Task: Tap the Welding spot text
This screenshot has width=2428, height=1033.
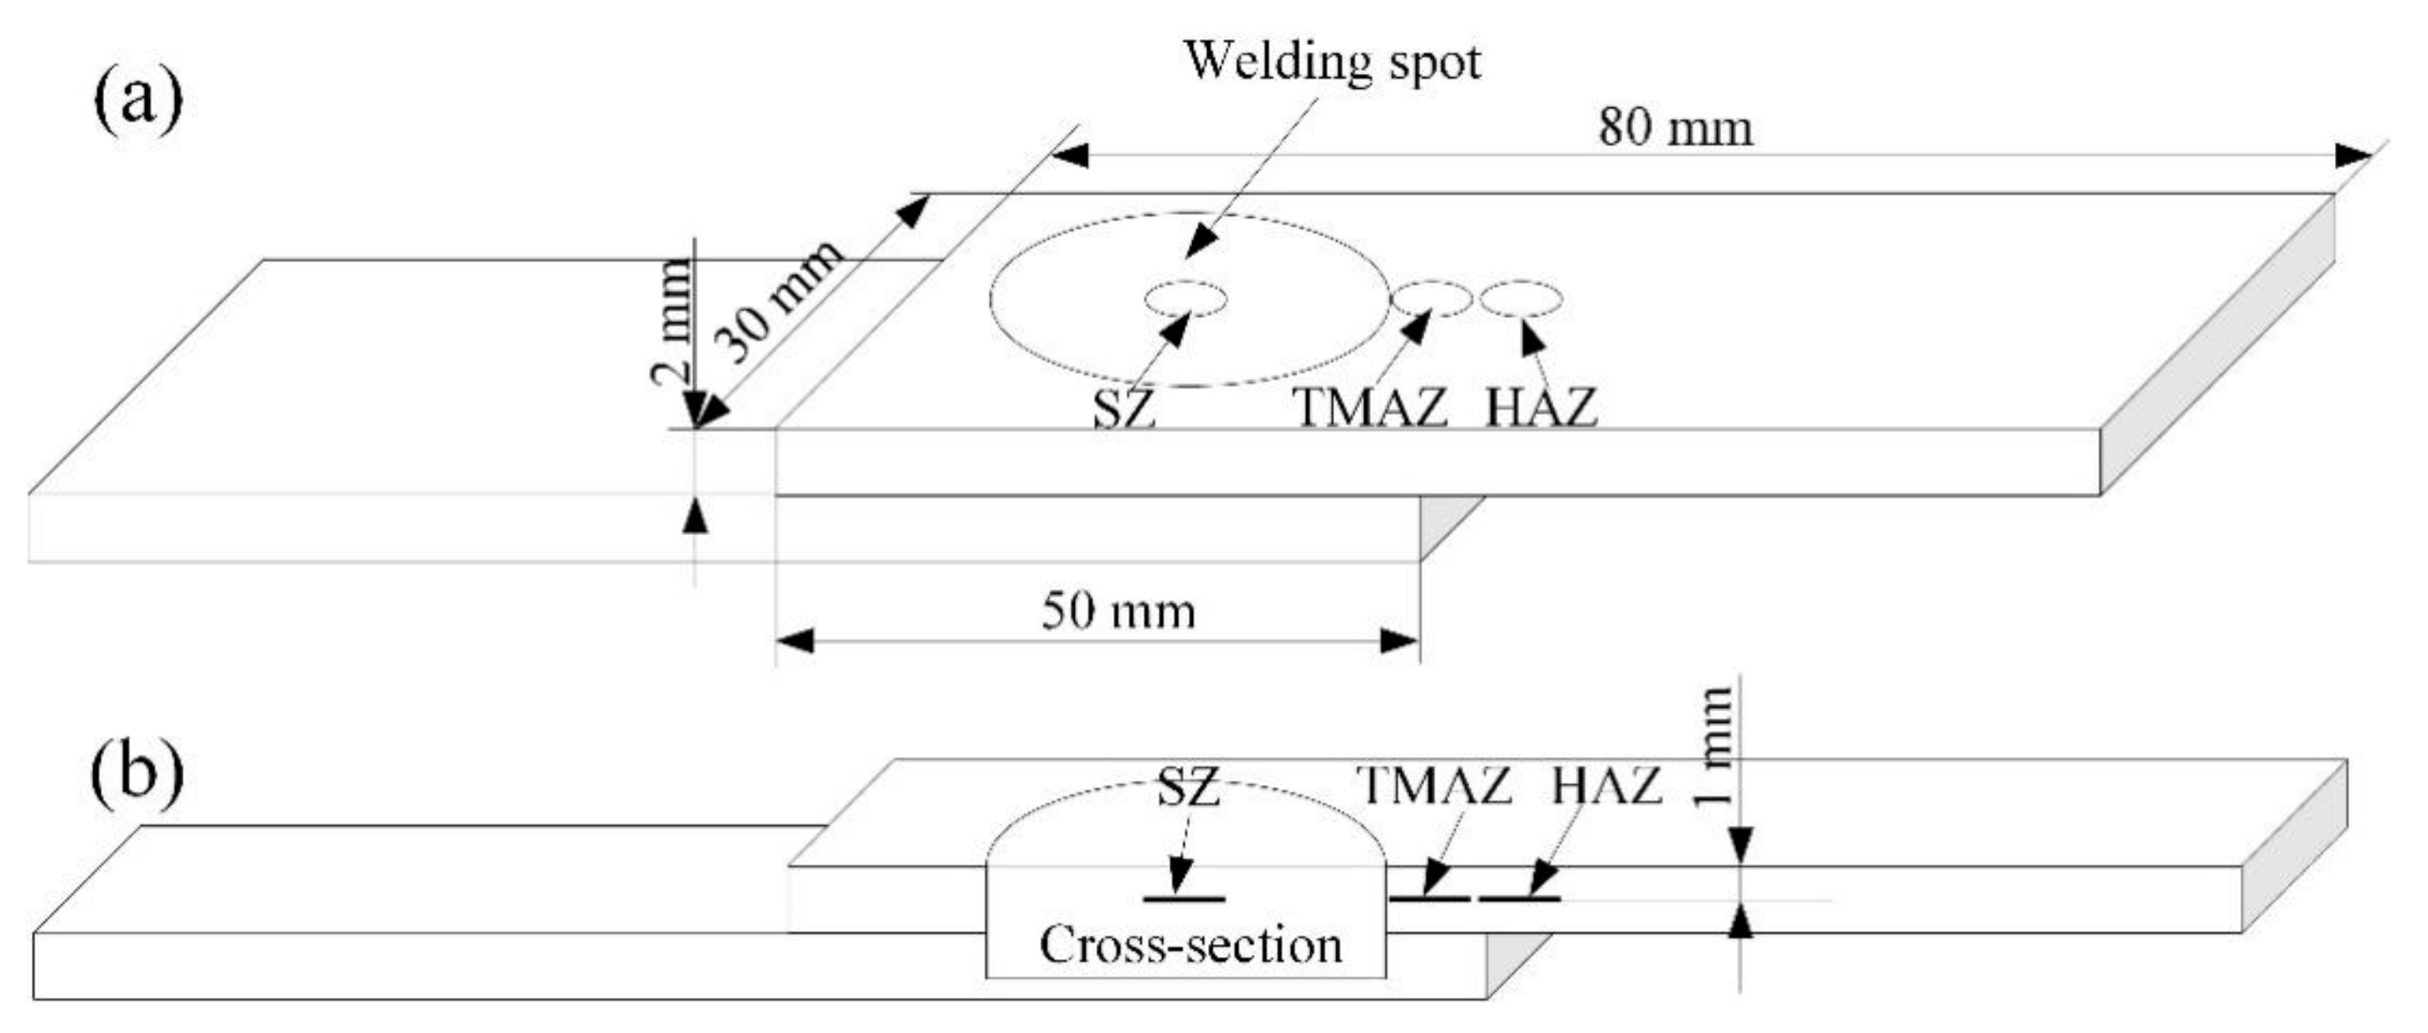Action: [x=1332, y=62]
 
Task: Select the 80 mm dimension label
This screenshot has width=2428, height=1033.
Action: [x=1675, y=127]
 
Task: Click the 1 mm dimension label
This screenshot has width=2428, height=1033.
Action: [x=1713, y=745]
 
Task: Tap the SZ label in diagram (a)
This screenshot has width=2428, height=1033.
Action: [x=1123, y=409]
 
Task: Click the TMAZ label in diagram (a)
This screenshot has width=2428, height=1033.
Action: [x=1371, y=408]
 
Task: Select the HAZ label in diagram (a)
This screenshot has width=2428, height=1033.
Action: [x=1541, y=408]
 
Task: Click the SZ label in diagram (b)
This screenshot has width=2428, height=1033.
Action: [x=1188, y=787]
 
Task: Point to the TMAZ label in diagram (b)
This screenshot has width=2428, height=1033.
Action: [x=1434, y=785]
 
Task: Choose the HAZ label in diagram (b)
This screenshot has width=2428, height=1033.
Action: [x=1606, y=785]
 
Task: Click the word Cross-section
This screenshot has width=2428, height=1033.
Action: [x=1191, y=944]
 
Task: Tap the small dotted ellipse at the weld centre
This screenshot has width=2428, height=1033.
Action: [x=1185, y=298]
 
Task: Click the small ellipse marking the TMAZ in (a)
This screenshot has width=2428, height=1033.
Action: [x=1431, y=298]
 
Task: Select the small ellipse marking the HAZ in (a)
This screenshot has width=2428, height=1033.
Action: [x=1520, y=298]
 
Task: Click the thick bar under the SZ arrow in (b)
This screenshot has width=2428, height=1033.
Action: [x=1185, y=898]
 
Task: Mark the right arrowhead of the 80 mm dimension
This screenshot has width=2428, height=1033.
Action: [x=2353, y=155]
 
